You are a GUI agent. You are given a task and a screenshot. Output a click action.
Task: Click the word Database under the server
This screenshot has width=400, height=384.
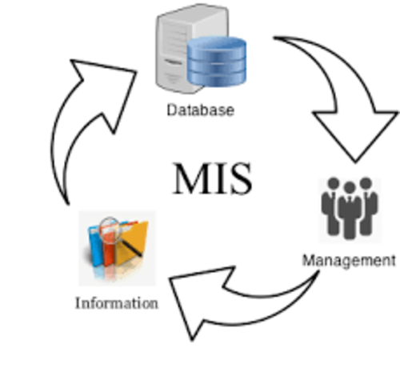pos(200,110)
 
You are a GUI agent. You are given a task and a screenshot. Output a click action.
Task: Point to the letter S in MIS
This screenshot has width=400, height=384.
pos(241,178)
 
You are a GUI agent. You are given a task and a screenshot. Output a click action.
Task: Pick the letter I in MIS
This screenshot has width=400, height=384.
pos(218,178)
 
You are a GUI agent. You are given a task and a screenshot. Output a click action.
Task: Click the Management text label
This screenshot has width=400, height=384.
pos(348,260)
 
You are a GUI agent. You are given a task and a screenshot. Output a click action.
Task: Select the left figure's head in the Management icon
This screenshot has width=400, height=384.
pos(330,186)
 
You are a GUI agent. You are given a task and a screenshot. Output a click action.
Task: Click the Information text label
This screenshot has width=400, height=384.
pos(116,303)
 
